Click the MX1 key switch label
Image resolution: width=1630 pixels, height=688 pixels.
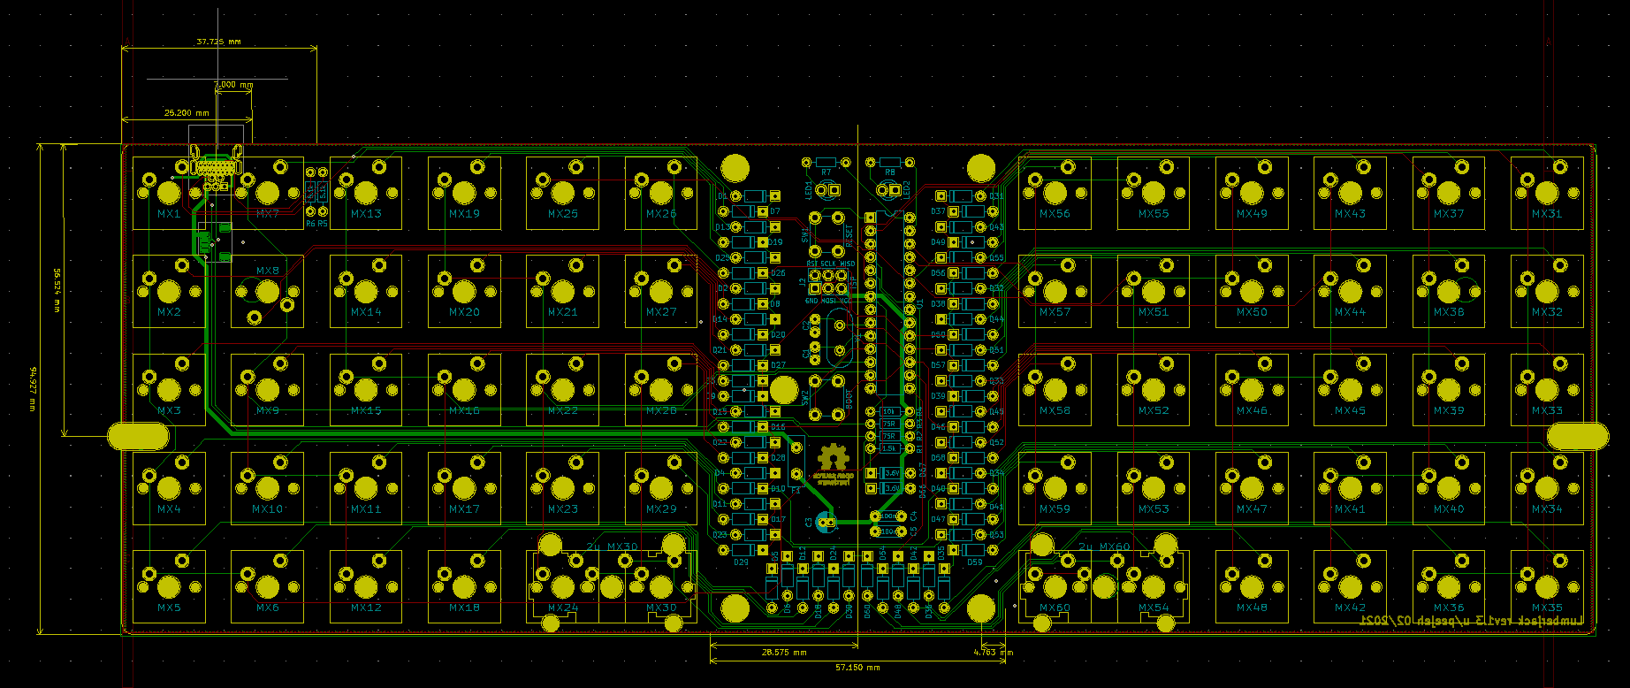169,214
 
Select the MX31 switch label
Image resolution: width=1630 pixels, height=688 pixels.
1547,214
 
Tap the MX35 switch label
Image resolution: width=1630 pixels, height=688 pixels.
1547,608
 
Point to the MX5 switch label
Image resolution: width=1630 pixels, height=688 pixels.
169,608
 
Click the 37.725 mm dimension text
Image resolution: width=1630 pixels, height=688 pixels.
218,42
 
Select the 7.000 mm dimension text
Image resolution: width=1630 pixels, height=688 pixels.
233,85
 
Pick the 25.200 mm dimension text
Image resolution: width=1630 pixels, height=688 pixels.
187,113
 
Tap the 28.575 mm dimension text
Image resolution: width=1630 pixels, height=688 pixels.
784,653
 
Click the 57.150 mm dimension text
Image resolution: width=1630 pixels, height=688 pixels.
858,668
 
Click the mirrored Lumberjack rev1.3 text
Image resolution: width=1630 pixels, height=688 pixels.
1474,623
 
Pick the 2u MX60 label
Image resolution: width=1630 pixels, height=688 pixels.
1104,547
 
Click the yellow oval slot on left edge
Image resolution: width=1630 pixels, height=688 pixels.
138,436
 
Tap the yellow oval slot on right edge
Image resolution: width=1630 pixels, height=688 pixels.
1577,436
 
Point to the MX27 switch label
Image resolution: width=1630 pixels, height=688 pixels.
660,312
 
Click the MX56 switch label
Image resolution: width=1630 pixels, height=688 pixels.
1055,214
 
